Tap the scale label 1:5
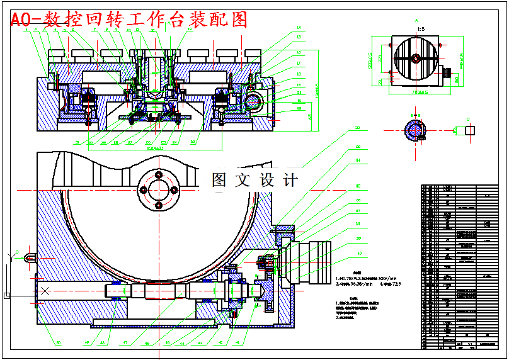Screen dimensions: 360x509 coord(420,29)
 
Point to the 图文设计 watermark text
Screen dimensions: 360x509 coord(254,180)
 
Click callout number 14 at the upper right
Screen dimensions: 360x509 coord(299,28)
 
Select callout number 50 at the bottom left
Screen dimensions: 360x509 coord(58,343)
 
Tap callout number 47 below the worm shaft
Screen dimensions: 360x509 coord(125,343)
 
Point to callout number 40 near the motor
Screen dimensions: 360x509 coord(360,254)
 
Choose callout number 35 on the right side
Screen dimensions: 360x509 coord(358,186)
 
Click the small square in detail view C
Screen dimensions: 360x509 coord(469,130)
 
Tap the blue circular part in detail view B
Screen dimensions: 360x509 coord(415,130)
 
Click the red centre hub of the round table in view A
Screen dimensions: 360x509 coord(416,59)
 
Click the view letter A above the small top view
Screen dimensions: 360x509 coord(416,21)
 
